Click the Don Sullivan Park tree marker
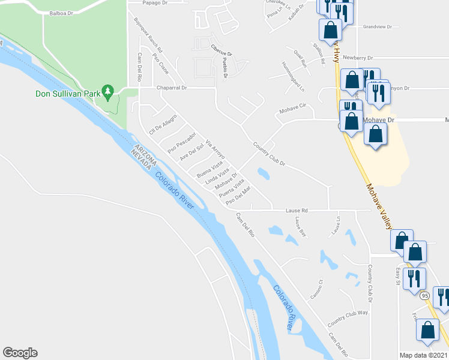point(108,92)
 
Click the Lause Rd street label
point(296,211)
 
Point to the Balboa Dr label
point(61,12)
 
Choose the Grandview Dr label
point(377,26)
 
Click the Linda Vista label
point(217,178)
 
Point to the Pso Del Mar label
point(238,198)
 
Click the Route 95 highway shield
point(425,296)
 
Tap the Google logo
point(20,353)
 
